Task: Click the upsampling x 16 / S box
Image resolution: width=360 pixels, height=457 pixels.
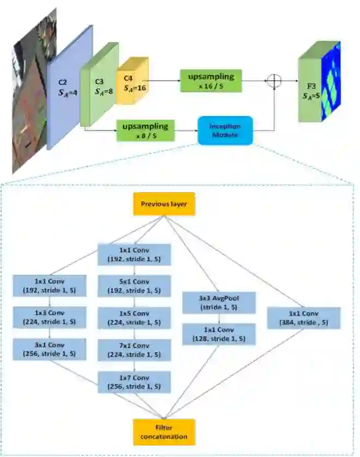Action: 211,80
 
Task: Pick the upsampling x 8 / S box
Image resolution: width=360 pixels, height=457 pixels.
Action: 145,130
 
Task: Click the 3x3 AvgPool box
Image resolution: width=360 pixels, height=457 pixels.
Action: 219,301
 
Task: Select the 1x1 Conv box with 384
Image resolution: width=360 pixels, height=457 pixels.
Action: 303,318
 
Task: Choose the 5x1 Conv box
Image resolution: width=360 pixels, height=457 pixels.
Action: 134,286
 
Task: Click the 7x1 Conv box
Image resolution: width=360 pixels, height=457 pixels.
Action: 134,350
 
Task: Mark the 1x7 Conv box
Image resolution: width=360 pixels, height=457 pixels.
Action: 134,382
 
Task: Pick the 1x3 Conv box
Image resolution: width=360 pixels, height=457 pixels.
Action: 50,318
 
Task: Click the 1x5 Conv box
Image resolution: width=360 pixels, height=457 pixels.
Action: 134,318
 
